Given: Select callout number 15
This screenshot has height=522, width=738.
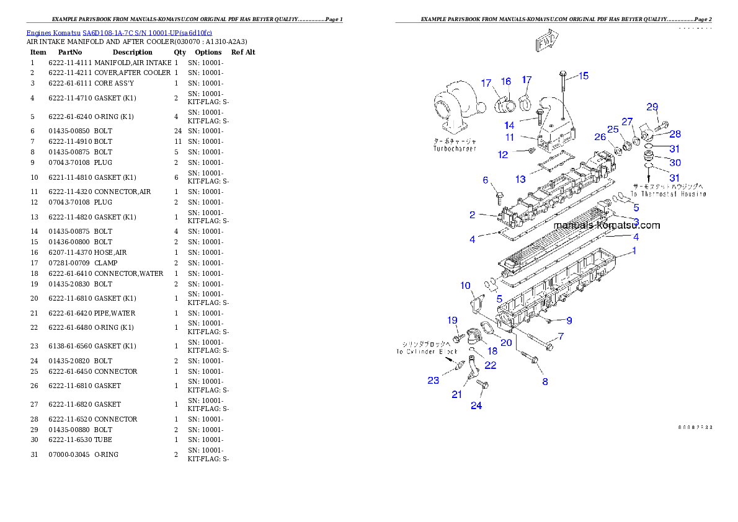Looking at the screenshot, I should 584,76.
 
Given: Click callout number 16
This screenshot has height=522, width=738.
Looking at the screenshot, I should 506,82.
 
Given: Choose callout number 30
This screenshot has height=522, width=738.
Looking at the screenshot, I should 675,162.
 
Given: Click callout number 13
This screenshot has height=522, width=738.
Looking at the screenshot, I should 520,179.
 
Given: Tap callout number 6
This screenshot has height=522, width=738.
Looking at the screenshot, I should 486,180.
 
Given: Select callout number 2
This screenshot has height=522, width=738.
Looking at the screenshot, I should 473,215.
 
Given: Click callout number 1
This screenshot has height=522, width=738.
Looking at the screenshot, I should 634,251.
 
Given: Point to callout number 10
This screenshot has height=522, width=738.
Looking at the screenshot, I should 466,286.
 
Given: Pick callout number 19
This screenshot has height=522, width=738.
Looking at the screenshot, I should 453,320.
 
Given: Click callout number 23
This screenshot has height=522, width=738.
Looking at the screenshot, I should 433,380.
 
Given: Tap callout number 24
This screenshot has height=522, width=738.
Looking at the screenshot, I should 476,406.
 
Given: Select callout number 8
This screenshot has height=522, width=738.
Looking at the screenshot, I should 545,381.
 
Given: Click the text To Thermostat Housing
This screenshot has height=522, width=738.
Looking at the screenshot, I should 669,194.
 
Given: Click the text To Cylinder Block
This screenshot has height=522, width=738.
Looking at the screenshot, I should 427,352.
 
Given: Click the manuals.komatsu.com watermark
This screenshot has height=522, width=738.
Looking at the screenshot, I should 607,226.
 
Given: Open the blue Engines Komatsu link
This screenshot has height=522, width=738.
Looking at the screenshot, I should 119,32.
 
